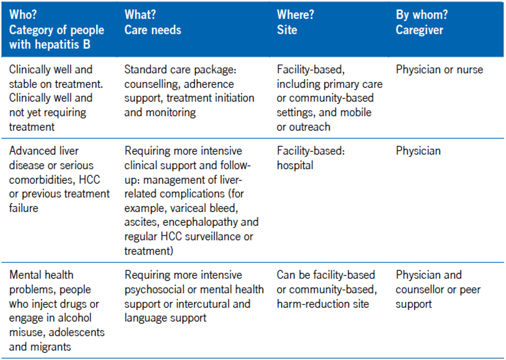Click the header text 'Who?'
[x=23, y=14]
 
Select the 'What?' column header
[x=140, y=14]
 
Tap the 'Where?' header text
[x=295, y=14]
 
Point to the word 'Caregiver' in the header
[x=419, y=29]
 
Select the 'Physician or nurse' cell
[x=439, y=70]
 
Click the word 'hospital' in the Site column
[x=295, y=165]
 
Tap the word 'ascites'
[x=142, y=223]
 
